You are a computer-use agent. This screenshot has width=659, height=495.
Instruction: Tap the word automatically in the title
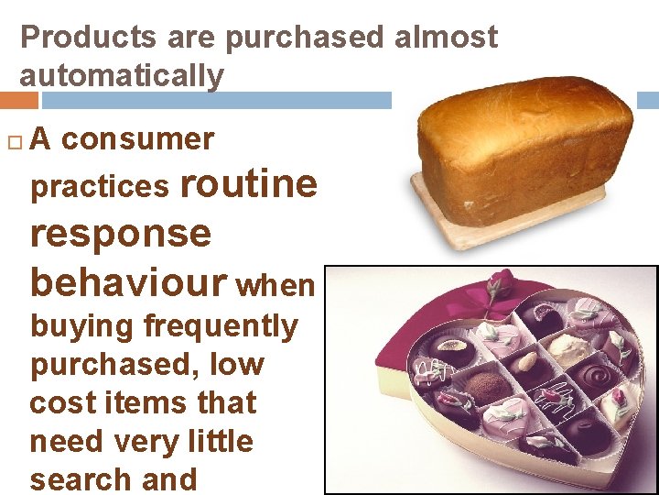click(121, 76)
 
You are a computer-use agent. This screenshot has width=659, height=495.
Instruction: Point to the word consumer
click(137, 139)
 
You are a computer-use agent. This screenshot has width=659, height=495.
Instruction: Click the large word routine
click(249, 183)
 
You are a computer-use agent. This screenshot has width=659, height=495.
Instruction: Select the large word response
click(120, 233)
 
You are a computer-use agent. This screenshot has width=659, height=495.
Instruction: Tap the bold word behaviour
click(128, 283)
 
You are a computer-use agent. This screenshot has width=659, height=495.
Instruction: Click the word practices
click(100, 187)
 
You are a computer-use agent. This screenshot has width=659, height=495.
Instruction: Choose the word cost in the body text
click(61, 403)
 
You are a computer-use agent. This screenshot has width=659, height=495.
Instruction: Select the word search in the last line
click(74, 479)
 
